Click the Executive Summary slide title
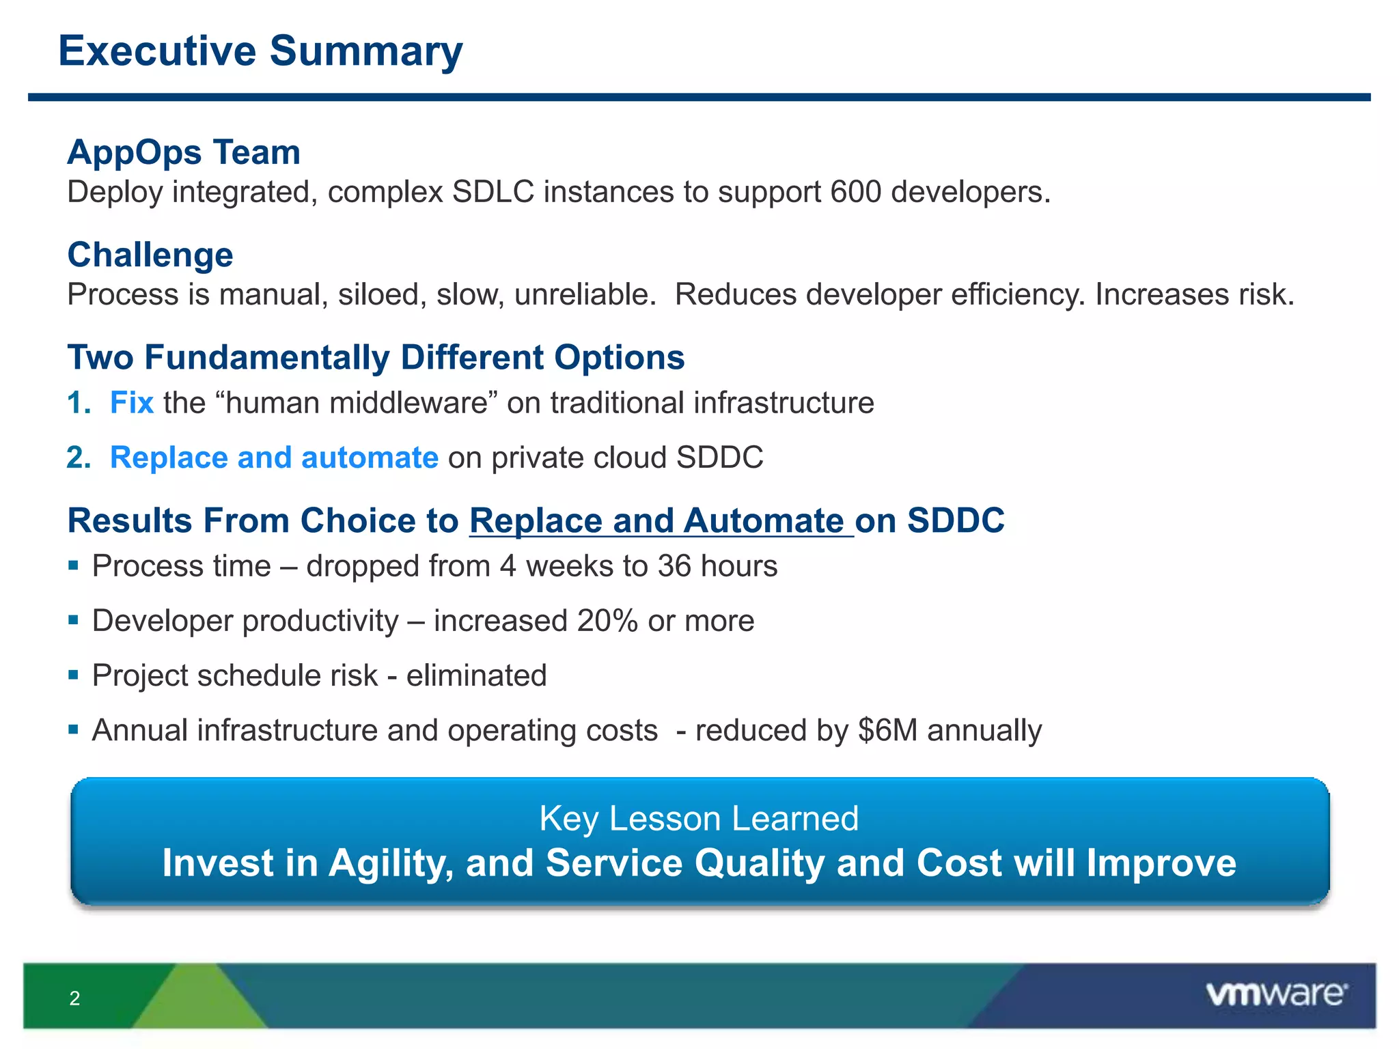point(260,52)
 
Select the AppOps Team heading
point(184,152)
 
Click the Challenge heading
point(150,255)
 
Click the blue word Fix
point(132,403)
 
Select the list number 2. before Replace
point(79,458)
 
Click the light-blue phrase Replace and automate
point(274,458)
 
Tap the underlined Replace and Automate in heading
point(661,521)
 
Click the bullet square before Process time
point(74,565)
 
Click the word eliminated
point(477,675)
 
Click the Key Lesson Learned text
point(699,818)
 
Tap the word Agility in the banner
point(391,863)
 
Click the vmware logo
point(1277,994)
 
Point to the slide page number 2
point(75,998)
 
